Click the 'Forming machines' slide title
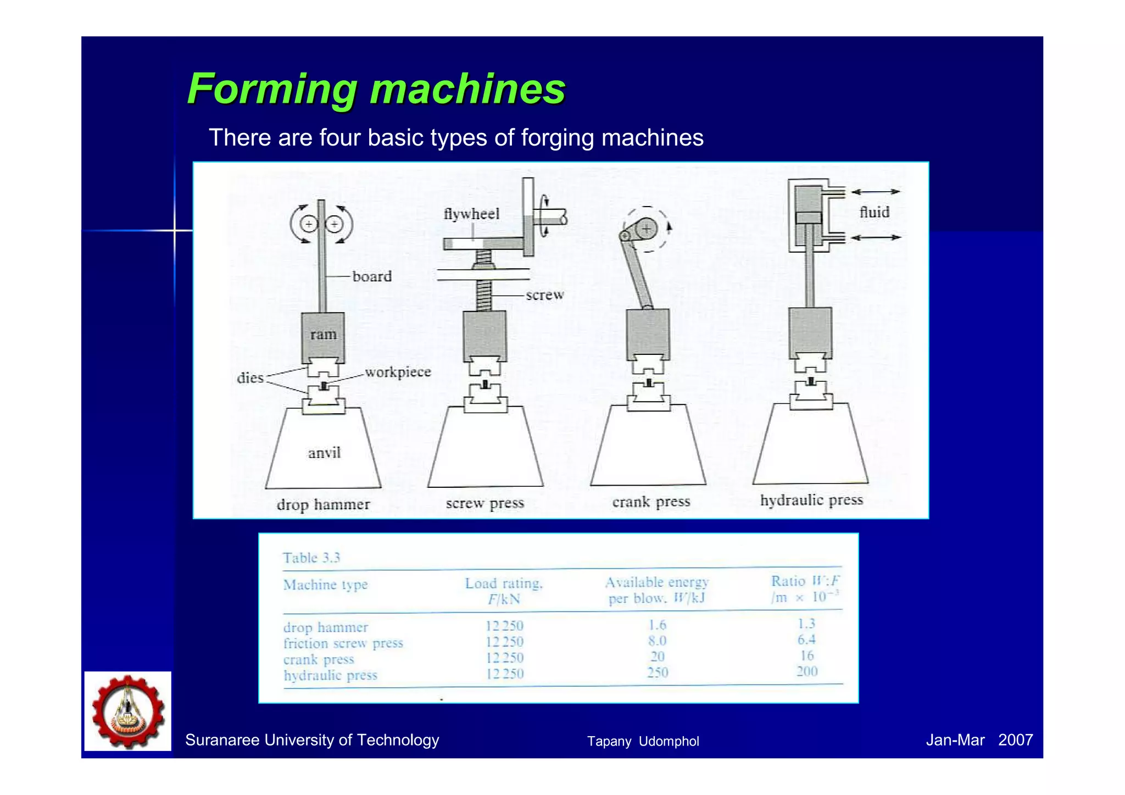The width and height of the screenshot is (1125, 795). tap(376, 89)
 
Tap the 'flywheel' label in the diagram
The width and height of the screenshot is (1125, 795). tap(471, 214)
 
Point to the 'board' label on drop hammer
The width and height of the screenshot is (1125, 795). tap(372, 276)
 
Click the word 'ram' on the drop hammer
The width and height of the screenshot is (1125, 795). tap(323, 335)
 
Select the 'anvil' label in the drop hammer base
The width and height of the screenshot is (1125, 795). tap(324, 453)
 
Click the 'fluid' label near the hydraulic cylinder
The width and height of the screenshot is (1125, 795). tap(874, 212)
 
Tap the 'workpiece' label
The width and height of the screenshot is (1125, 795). tap(398, 372)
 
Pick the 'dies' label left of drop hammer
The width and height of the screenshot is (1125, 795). tap(250, 378)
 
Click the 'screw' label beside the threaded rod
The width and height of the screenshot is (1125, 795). tap(544, 295)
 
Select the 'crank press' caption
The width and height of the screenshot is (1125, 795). tap(651, 502)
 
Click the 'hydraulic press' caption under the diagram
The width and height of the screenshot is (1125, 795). tap(811, 500)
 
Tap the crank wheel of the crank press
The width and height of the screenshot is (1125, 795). tap(647, 229)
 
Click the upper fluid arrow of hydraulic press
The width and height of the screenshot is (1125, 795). tap(876, 192)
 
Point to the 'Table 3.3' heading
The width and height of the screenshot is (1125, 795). tap(311, 558)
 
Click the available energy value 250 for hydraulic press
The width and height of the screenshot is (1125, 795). tap(658, 672)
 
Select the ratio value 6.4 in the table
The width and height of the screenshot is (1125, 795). tap(806, 640)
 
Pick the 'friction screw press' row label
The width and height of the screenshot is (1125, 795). tap(343, 643)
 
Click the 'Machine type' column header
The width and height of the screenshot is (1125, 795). tap(325, 585)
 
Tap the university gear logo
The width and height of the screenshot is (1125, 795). tap(128, 711)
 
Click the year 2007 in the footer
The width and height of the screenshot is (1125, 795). tap(1015, 740)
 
